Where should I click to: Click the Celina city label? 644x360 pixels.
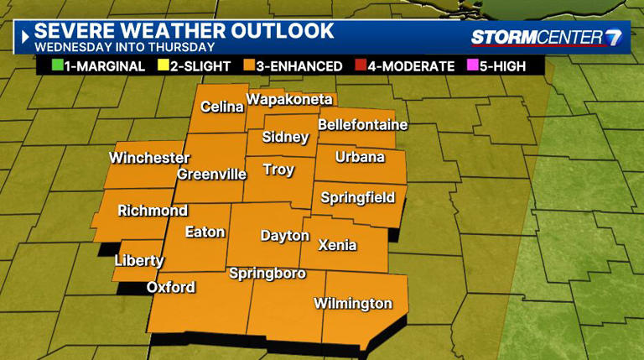(x=221, y=107)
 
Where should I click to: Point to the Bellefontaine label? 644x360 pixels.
(x=362, y=125)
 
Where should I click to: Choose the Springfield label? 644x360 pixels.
(x=358, y=199)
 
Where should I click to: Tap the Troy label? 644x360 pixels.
(x=278, y=170)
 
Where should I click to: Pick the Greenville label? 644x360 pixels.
(x=210, y=175)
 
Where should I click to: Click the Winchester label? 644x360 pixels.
(x=149, y=158)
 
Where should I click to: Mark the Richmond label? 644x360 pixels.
(x=152, y=211)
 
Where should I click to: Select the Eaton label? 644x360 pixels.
(x=205, y=232)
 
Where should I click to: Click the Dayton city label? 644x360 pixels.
(x=284, y=236)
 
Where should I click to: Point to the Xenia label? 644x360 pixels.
(x=337, y=246)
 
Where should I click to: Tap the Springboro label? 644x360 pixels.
(x=266, y=274)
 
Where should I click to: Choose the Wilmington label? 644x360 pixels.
(x=352, y=303)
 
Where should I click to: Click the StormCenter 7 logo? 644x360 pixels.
(x=547, y=38)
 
